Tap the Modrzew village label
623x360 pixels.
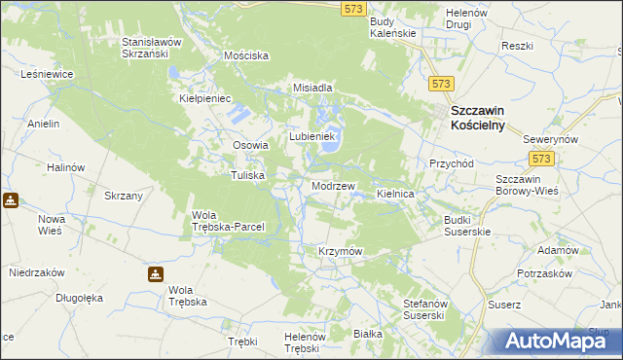[333, 185]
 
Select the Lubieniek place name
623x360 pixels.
[311, 137]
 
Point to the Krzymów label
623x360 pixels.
[340, 251]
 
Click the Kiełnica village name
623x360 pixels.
[396, 195]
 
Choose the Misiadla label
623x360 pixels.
[313, 88]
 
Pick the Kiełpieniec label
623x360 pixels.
[203, 98]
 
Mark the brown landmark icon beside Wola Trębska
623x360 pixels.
[156, 274]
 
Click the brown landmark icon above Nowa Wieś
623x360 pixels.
[10, 200]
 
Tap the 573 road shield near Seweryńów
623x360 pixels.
[542, 158]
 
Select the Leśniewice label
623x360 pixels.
[43, 73]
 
